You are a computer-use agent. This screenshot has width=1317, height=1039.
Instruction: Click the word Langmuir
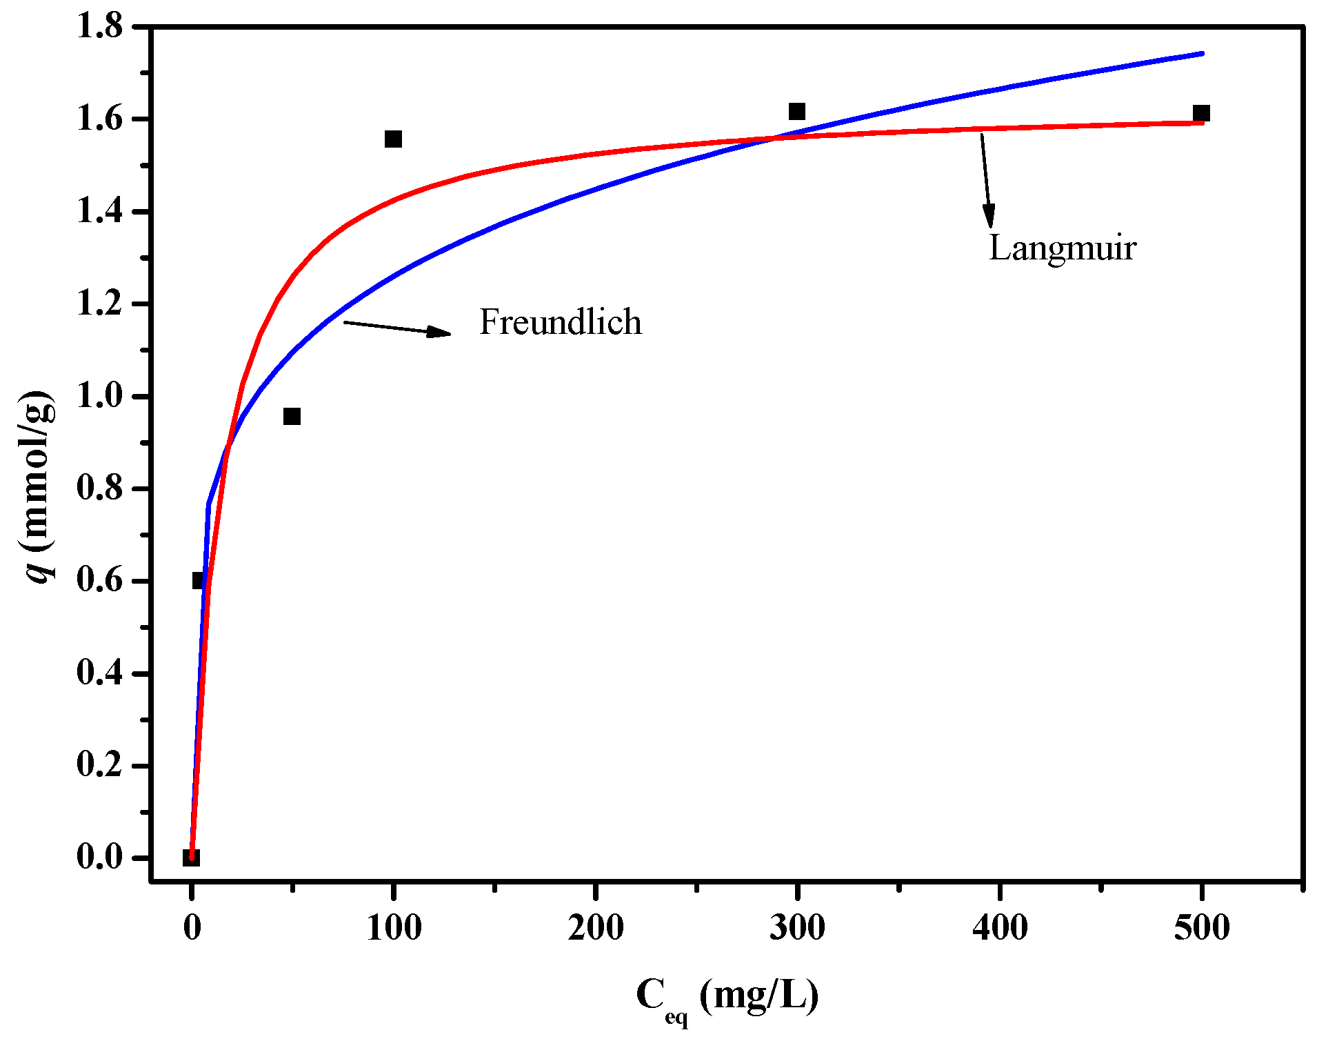(1062, 248)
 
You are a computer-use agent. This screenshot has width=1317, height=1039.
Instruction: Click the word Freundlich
(560, 322)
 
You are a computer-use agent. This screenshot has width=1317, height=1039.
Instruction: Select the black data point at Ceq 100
(393, 139)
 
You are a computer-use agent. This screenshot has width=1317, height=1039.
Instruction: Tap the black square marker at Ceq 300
(797, 111)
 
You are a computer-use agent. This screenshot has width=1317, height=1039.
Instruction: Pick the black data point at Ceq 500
(1201, 114)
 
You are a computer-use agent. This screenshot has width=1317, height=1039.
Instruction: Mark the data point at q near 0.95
(292, 416)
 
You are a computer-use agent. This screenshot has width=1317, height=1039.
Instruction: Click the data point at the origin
(191, 858)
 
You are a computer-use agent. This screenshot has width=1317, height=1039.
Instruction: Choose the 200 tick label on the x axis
(596, 928)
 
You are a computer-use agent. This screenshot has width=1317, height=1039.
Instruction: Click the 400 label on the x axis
(1000, 928)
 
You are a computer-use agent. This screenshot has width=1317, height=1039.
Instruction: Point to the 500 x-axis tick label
(1202, 928)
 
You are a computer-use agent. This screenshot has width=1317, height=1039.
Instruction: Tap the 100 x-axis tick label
(394, 928)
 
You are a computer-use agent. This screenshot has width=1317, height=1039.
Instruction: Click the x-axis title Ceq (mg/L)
(727, 997)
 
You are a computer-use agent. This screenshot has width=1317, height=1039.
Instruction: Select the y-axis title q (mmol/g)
(39, 486)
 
